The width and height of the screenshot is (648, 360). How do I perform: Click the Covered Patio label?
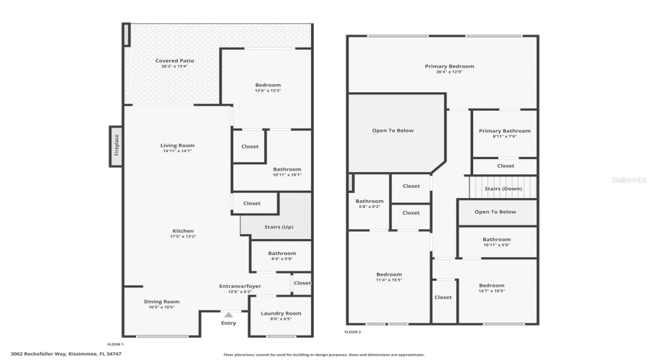point(174,61)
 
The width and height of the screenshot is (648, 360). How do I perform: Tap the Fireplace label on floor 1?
point(117,146)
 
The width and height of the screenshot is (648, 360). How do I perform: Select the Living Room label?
point(177,145)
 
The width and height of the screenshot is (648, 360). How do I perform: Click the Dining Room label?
point(161,302)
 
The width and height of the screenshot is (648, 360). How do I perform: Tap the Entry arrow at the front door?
point(228,314)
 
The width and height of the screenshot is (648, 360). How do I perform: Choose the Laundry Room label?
point(282,312)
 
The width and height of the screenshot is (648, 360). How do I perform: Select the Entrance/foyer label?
point(240,286)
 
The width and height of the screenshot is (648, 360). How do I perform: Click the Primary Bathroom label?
point(505,131)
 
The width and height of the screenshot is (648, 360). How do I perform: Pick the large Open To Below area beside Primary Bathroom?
point(392,130)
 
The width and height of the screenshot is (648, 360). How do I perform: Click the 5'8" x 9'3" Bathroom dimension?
point(369,207)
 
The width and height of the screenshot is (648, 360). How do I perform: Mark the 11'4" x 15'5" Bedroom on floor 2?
point(389,274)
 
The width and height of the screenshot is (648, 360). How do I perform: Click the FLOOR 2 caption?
point(352,332)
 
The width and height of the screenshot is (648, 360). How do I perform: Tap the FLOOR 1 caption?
point(115,344)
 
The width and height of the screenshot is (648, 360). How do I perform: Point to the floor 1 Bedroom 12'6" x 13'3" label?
point(267,85)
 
